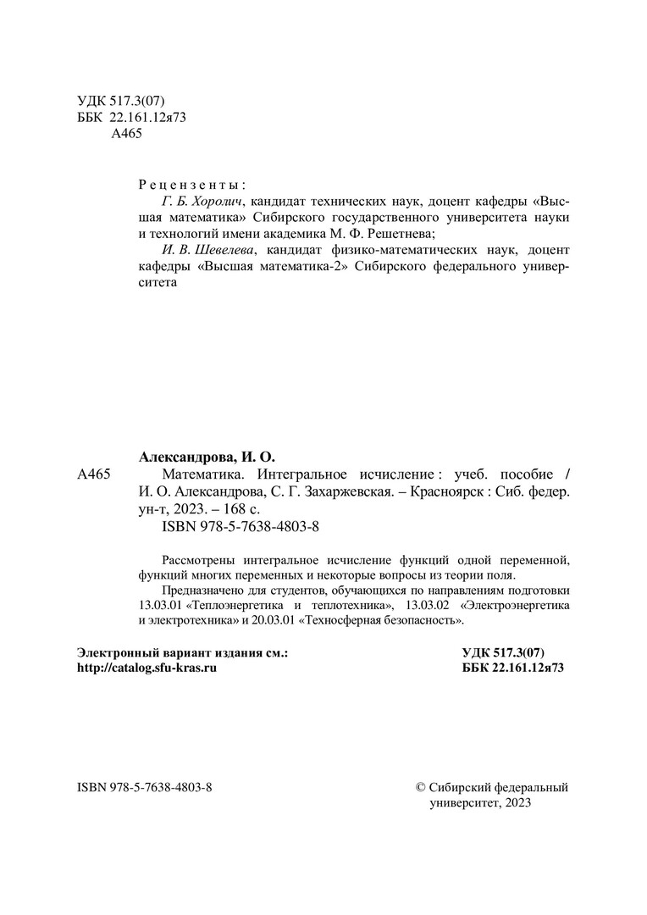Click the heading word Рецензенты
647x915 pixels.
191,184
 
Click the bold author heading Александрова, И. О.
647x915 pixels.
207,455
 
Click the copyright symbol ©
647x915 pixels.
423,787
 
